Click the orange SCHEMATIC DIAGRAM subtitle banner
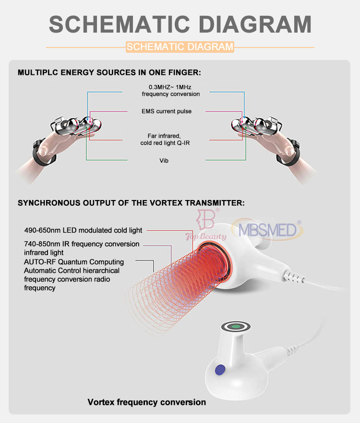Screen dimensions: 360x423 click(180, 47)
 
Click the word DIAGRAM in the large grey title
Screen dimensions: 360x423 click(255, 24)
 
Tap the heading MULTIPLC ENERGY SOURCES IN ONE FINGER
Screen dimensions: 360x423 click(109, 72)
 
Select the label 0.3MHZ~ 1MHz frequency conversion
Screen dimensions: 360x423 click(171, 91)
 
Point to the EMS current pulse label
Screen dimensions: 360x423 click(167, 111)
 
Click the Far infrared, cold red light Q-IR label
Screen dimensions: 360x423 click(165, 140)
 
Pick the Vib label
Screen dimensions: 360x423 click(164, 161)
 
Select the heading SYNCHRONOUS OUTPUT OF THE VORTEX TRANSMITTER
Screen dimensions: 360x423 click(131, 203)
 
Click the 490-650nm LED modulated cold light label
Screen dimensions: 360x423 click(83, 230)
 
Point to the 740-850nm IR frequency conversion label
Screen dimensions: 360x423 click(82, 244)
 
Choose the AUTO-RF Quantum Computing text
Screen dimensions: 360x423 click(74, 262)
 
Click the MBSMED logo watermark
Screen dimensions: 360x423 click(267, 230)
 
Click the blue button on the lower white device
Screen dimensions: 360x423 click(220, 370)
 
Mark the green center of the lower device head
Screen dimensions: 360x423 click(236, 327)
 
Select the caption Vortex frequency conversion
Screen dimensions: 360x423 click(147, 402)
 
